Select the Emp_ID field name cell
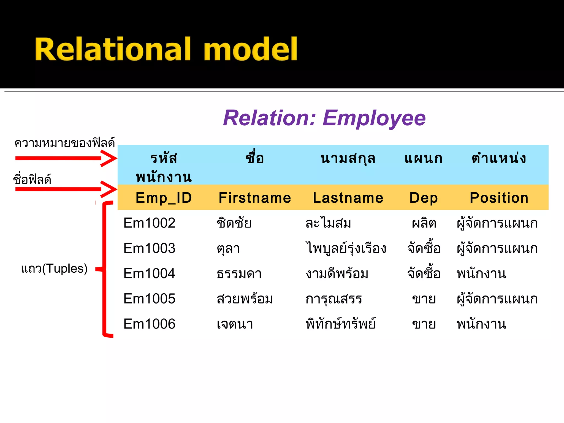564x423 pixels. tap(164, 198)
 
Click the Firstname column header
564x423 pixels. tap(255, 198)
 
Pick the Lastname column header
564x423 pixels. tap(348, 198)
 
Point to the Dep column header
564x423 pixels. tap(423, 198)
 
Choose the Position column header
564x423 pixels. tap(499, 198)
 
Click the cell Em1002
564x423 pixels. tap(149, 223)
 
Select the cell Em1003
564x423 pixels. tap(149, 248)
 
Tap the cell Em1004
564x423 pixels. tap(149, 273)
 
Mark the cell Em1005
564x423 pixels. tap(149, 299)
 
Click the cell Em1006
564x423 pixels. tap(149, 324)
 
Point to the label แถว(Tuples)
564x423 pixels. tap(54, 269)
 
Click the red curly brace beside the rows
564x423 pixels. tap(105, 269)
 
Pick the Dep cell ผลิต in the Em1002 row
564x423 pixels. tap(424, 223)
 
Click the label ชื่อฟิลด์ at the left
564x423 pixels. tap(32, 180)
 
